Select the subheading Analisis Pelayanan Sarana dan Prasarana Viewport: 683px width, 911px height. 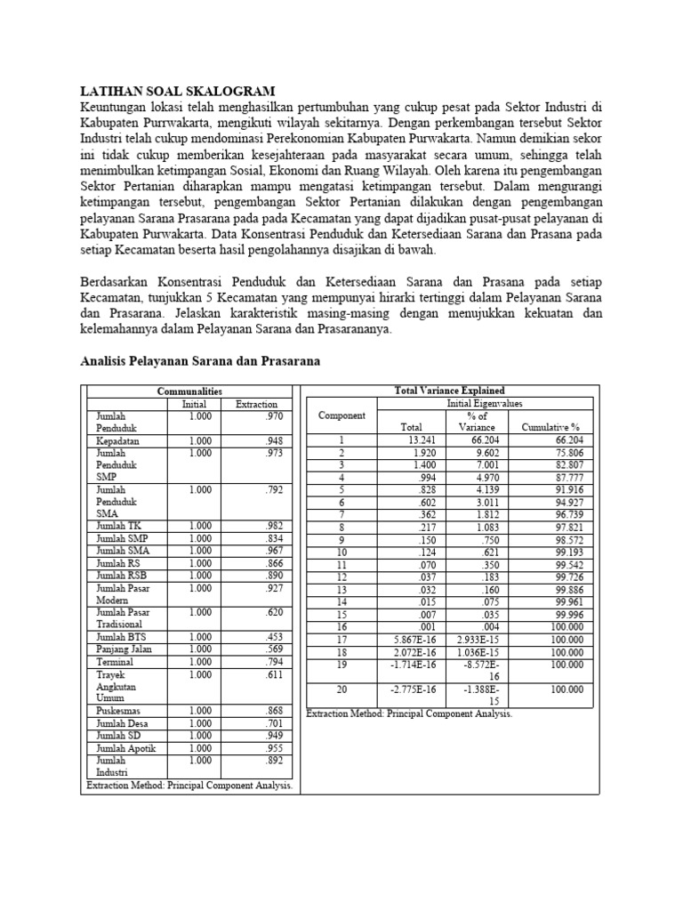(199, 361)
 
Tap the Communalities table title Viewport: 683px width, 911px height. (189, 391)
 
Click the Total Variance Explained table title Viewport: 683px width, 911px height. (449, 390)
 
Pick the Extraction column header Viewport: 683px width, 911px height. (256, 404)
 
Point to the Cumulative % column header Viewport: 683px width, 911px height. (550, 427)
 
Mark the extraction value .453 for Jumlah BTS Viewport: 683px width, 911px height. (279, 637)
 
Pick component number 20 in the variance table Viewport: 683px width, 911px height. (342, 689)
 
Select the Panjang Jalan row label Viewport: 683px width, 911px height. (122, 649)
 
